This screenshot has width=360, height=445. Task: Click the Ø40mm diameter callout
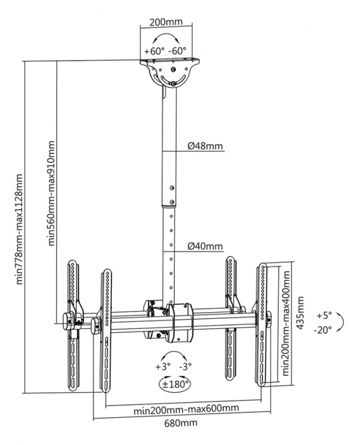(205, 246)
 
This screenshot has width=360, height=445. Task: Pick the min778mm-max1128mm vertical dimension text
(20, 229)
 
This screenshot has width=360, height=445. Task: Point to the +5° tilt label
(324, 316)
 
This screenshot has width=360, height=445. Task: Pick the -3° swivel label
(185, 366)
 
